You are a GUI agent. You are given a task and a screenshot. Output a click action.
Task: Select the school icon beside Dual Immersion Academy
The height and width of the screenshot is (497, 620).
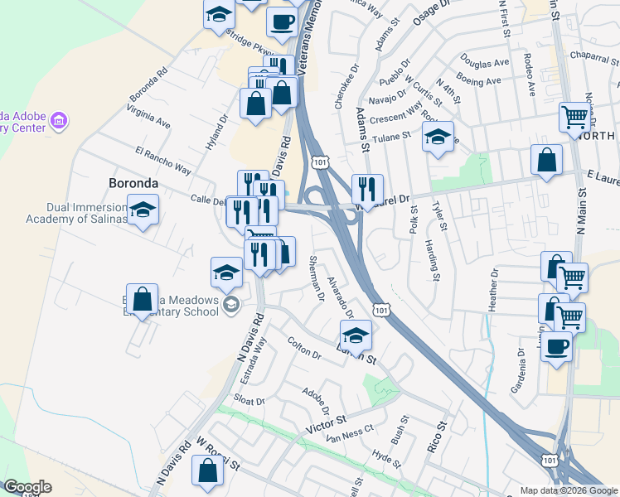pyautogui.click(x=143, y=210)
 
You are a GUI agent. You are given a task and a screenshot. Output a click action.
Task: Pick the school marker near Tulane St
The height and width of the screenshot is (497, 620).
pyautogui.click(x=438, y=138)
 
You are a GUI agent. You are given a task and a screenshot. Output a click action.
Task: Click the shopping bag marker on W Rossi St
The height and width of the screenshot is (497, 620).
pyautogui.click(x=207, y=472)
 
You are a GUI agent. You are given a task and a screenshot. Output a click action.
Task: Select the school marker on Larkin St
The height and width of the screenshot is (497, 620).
pyautogui.click(x=356, y=335)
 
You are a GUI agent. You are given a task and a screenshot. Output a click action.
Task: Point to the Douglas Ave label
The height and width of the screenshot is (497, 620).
pyautogui.click(x=485, y=63)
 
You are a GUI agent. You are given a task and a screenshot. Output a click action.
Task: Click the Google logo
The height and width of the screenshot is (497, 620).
pyautogui.click(x=27, y=487)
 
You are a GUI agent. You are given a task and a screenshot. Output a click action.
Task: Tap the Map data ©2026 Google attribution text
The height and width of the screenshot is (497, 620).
pyautogui.click(x=568, y=490)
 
